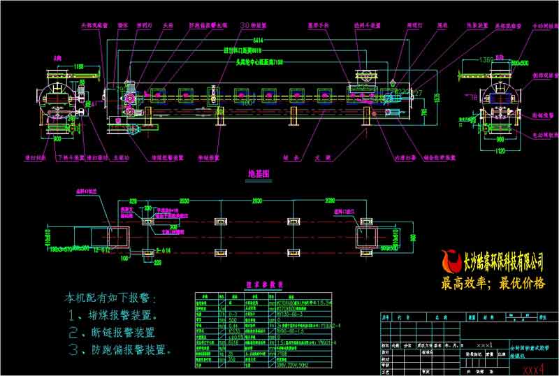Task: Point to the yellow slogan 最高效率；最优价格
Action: pos(493,284)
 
